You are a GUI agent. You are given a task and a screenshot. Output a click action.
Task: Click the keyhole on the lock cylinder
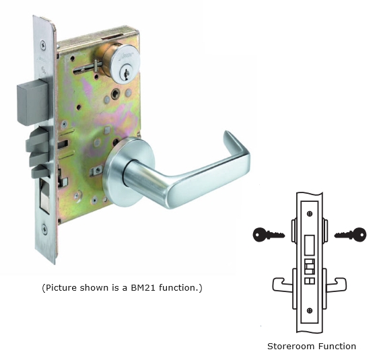126,73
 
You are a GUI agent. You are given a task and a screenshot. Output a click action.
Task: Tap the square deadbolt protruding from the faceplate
32,103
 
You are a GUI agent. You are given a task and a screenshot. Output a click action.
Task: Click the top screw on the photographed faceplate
43,44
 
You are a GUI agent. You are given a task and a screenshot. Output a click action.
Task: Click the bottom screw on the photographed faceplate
44,228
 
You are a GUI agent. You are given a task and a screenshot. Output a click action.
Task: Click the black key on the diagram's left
269,234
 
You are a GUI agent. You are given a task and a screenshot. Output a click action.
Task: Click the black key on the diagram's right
351,234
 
